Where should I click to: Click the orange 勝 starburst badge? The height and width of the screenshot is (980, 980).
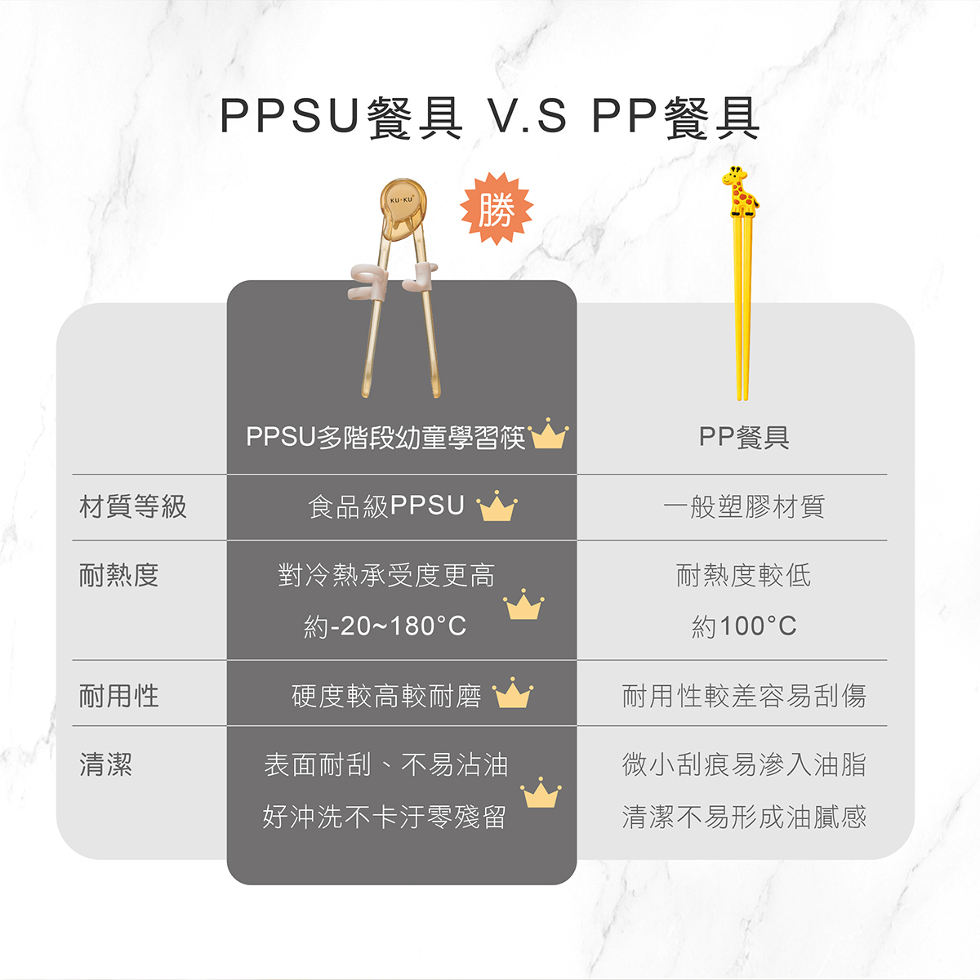497,208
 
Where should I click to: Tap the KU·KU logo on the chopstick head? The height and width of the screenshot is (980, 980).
401,200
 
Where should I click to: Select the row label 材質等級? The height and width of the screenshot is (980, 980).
133,507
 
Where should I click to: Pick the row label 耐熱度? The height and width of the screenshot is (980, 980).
119,575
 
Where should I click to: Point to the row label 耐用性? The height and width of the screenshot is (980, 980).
119,695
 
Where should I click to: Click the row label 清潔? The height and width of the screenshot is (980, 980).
106,764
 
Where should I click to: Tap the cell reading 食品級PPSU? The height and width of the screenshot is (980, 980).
386,506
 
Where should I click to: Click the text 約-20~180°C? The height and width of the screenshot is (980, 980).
385,626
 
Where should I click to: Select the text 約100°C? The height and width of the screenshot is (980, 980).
744,626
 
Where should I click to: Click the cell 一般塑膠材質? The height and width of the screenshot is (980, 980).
744,507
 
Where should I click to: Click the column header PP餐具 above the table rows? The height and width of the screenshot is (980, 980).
744,438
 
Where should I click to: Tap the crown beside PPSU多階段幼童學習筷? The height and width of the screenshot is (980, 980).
548,434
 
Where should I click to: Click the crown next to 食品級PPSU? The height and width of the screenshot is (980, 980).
497,506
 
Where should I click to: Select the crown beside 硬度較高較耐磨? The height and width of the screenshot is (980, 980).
513,693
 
